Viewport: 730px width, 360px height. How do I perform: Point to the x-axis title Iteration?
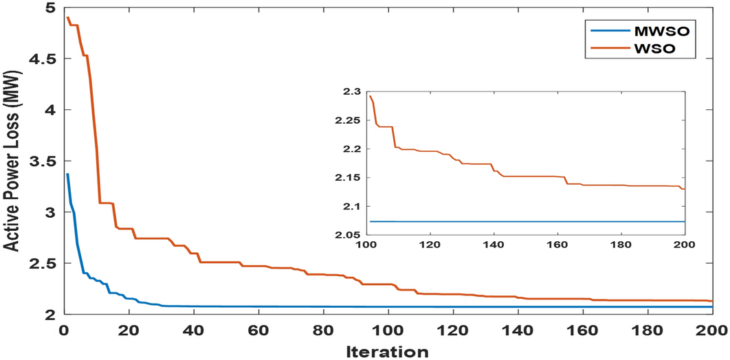coord(388,350)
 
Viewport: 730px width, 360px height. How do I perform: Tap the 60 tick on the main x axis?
coord(258,329)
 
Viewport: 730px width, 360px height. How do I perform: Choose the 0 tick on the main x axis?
coord(63,329)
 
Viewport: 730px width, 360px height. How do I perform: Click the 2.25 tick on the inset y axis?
coord(351,120)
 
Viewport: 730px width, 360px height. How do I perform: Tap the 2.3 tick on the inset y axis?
coord(354,91)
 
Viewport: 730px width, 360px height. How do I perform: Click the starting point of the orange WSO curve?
coord(67,17)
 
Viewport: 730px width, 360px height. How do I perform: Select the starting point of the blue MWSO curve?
coord(67,174)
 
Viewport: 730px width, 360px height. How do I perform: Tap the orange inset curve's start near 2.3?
coord(370,95)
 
